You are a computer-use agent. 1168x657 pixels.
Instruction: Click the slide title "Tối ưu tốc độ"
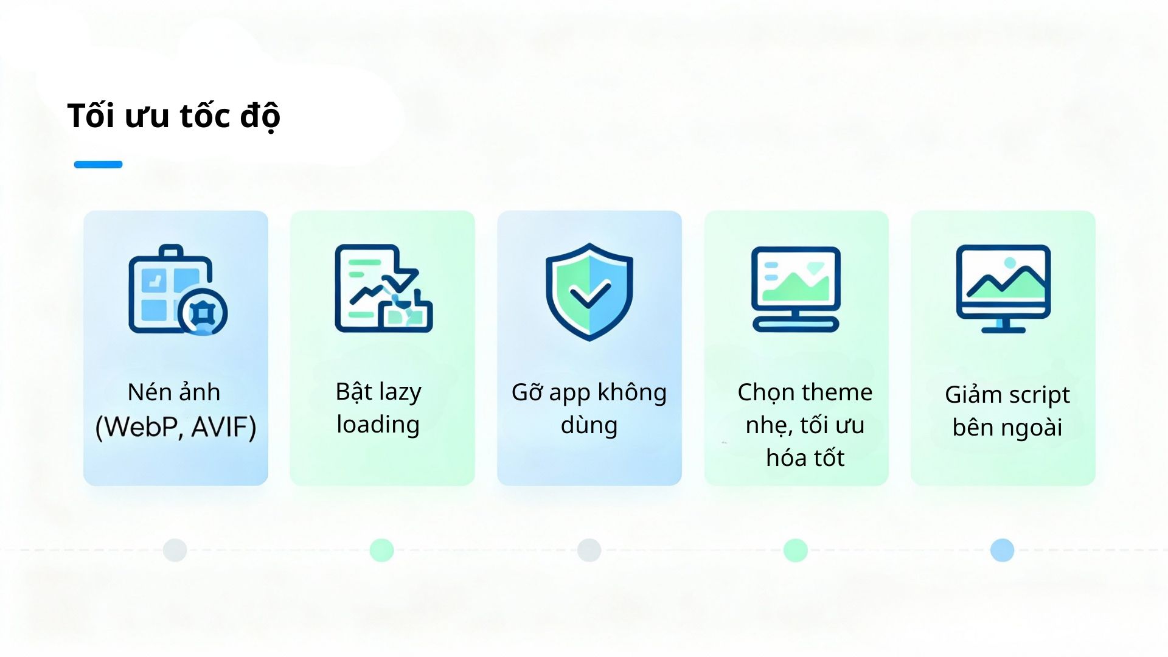pos(173,116)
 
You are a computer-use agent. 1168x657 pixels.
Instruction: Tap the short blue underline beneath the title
pos(98,164)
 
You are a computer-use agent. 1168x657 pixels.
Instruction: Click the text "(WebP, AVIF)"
pos(176,426)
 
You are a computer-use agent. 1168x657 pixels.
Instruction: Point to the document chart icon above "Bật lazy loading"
pos(383,288)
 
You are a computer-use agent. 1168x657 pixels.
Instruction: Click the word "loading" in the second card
pos(378,425)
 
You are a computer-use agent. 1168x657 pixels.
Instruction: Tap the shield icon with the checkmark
pos(589,291)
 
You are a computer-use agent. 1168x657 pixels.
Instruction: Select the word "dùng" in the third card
pos(589,425)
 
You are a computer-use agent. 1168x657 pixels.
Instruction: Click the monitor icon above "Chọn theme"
pos(796,289)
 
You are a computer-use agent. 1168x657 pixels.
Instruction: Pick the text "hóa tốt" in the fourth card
pos(805,457)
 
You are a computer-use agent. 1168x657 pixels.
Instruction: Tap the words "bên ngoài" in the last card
pos(1007,427)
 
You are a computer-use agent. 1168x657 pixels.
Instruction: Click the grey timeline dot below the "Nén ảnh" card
pos(175,550)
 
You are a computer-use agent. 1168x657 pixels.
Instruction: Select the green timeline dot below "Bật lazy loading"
pos(381,550)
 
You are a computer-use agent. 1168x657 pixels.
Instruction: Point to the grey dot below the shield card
pos(589,550)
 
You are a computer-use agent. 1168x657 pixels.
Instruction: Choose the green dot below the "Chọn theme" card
pos(795,550)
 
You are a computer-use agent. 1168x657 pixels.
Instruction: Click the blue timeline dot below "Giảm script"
pos(1002,550)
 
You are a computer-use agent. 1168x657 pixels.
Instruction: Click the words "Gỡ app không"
pos(589,392)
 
